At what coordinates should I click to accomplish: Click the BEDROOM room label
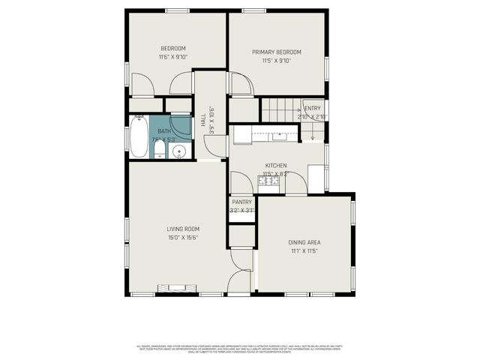172,49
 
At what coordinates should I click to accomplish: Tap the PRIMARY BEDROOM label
276,52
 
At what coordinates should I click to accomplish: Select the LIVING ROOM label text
182,229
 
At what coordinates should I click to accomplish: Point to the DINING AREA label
304,242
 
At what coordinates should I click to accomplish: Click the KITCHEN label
276,165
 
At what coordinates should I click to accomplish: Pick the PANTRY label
241,202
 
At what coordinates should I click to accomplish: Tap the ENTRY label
312,109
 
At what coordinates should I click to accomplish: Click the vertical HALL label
203,119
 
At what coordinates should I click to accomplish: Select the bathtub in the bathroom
139,136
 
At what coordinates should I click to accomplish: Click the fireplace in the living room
175,287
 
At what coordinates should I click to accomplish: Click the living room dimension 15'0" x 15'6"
182,238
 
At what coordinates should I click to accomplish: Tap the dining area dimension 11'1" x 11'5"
304,251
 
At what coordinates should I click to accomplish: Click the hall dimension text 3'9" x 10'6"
212,120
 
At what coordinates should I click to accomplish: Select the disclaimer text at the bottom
240,349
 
